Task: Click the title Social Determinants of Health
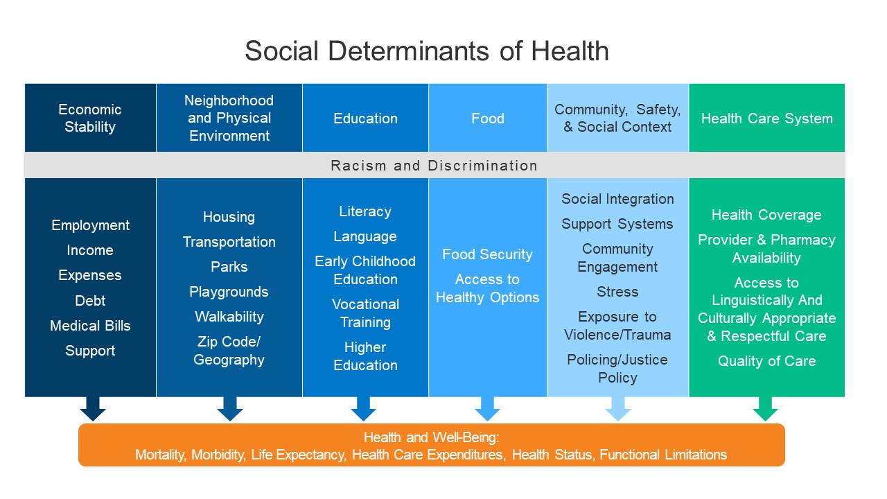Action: pyautogui.click(x=427, y=51)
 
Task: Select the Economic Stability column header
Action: pyautogui.click(x=90, y=118)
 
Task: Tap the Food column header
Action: pyautogui.click(x=487, y=119)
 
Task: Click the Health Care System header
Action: pyautogui.click(x=767, y=119)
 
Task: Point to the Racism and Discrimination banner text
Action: pyautogui.click(x=434, y=166)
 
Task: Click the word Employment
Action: pyautogui.click(x=90, y=225)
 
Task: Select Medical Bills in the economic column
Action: pyautogui.click(x=90, y=326)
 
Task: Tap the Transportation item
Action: pyautogui.click(x=229, y=242)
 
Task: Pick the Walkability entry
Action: pyautogui.click(x=229, y=317)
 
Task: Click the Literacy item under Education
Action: pyautogui.click(x=365, y=211)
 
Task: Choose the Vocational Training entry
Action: pyautogui.click(x=365, y=313)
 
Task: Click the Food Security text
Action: pyautogui.click(x=487, y=254)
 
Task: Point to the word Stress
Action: pyautogui.click(x=617, y=292)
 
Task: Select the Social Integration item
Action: pyautogui.click(x=617, y=199)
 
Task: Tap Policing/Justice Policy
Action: pyautogui.click(x=617, y=369)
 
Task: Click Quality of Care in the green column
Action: pyautogui.click(x=767, y=361)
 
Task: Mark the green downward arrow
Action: pyautogui.click(x=766, y=409)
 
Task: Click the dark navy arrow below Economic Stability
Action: pyautogui.click(x=93, y=409)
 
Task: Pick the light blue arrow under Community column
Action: pyautogui.click(x=618, y=409)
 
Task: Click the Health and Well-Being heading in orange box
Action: pyautogui.click(x=432, y=437)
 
